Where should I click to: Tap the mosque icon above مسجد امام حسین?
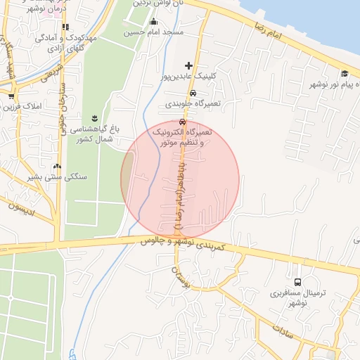[x=154, y=21]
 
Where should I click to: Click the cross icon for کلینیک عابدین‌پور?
[x=188, y=65]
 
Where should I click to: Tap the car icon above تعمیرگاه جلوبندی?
[x=192, y=93]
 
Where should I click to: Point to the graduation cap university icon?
[x=345, y=74]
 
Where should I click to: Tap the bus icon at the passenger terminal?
[x=297, y=282]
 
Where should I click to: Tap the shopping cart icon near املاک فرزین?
[x=11, y=96]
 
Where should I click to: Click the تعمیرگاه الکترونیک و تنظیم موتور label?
[x=184, y=137]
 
